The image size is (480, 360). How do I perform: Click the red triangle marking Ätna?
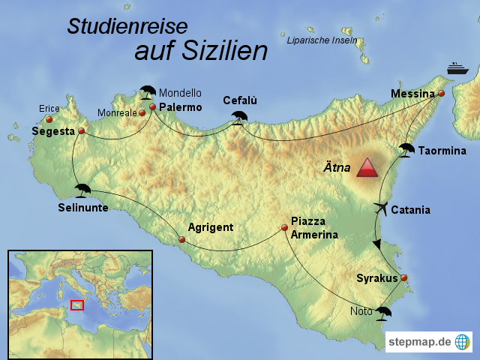coord(368,168)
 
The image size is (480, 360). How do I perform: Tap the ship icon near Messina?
coord(458,68)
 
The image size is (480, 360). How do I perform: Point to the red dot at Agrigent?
coord(182,240)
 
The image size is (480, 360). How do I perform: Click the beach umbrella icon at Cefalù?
coord(240,117)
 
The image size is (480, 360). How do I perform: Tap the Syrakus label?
coord(377,278)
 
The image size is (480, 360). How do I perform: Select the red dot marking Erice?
coord(49,119)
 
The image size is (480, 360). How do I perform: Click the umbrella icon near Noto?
coord(385,312)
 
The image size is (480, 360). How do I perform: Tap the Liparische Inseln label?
coord(322,40)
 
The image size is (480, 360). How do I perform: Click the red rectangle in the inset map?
coord(76,304)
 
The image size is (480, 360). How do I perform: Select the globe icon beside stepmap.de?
coord(463,342)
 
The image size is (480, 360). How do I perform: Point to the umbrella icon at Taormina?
coord(406,149)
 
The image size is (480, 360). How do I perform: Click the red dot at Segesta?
coord(81,131)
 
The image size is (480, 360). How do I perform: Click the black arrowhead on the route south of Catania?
coord(378,244)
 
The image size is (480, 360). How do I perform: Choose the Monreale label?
coord(116,113)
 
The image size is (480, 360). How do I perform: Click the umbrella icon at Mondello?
coord(148,92)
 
